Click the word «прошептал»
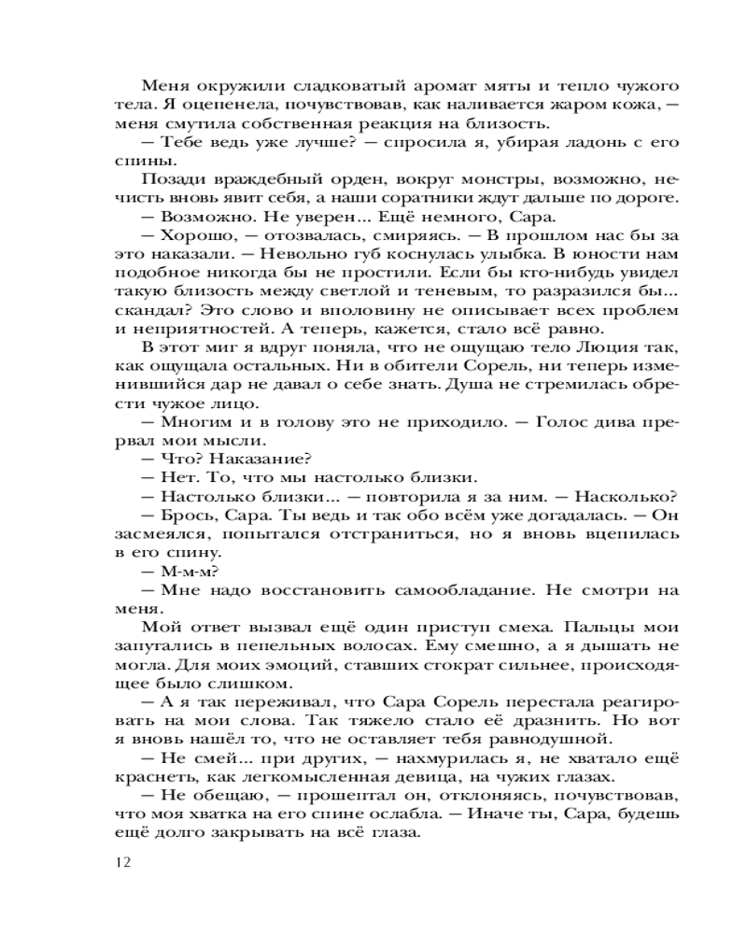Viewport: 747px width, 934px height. (297, 797)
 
